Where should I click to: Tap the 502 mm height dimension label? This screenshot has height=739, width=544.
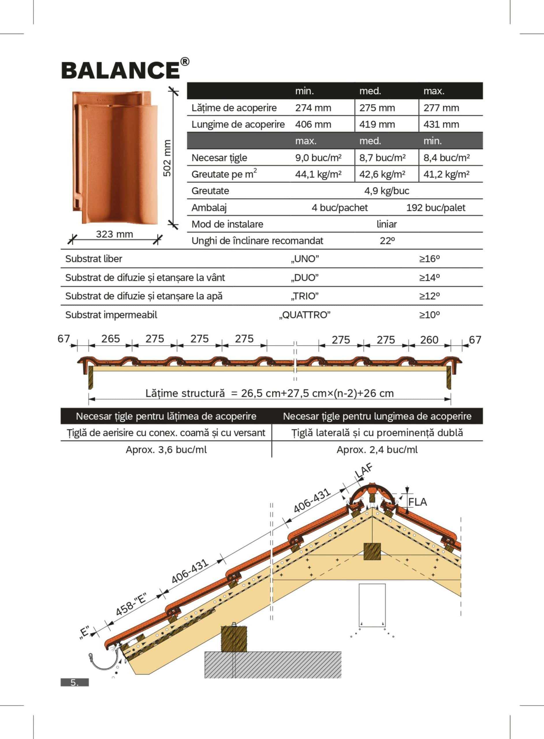167,158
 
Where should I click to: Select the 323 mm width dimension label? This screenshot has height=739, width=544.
114,234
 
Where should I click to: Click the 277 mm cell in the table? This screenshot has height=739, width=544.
441,108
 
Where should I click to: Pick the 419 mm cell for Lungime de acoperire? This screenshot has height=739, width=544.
377,124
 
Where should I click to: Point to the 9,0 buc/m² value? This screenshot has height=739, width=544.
318,158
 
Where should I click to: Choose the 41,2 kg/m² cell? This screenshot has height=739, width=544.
446,174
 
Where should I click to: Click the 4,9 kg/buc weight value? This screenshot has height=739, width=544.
386,191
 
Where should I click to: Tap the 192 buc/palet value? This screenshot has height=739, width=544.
435,208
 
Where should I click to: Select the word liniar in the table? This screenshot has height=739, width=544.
386,224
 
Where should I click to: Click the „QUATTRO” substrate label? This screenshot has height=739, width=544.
305,315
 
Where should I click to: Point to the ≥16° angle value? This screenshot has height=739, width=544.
429,259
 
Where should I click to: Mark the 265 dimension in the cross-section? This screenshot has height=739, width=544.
110,339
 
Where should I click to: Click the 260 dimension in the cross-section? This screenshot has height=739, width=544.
429,340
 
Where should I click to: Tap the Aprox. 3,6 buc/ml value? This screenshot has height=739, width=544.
166,450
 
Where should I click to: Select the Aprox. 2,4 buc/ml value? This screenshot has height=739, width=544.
377,450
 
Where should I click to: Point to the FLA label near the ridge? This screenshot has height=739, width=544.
417,502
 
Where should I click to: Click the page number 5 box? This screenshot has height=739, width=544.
74,682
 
